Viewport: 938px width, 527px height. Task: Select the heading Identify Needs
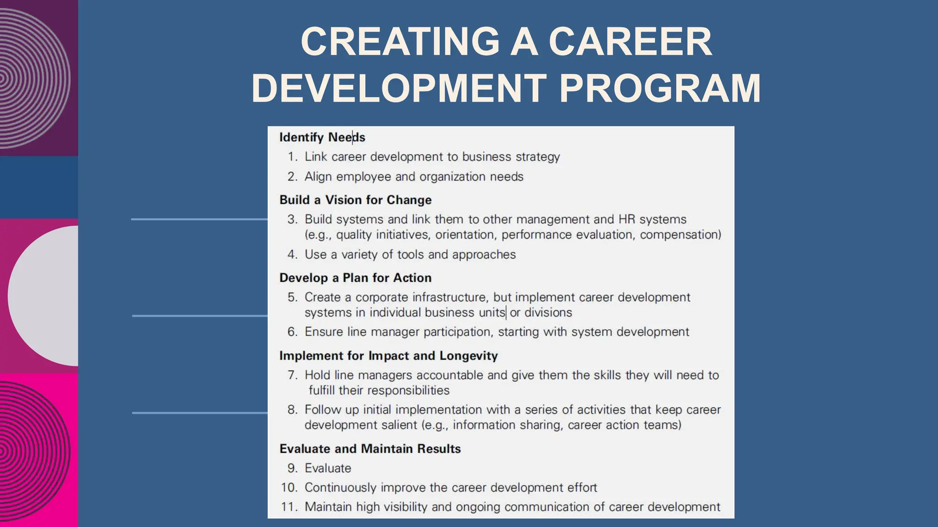point(322,137)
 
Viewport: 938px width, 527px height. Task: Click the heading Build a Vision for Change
point(355,200)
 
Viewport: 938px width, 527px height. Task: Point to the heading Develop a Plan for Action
point(355,278)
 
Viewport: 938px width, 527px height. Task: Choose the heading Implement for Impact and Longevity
point(388,355)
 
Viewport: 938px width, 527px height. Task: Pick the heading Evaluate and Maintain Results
point(370,449)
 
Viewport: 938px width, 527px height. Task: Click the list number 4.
point(292,254)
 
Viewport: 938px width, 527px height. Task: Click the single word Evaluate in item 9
point(328,468)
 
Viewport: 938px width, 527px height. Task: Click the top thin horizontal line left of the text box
point(199,220)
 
